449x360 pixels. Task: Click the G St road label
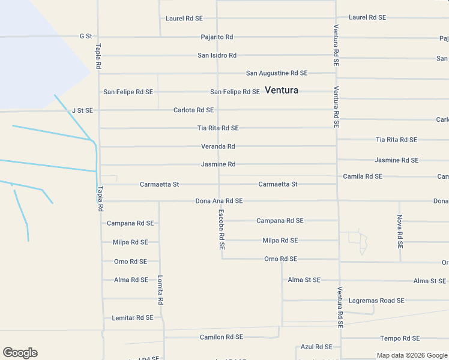pos(85,36)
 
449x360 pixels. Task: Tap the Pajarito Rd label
pos(217,37)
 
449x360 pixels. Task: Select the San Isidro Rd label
pos(217,55)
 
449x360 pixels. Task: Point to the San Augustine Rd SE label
pos(277,73)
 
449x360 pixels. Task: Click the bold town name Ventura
pos(282,91)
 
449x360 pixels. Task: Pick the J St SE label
pos(82,110)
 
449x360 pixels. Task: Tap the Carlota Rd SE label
pos(193,110)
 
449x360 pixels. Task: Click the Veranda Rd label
pos(218,146)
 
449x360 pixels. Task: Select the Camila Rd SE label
pos(363,176)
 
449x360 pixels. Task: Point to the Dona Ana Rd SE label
pos(219,201)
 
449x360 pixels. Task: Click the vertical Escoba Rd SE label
pos(221,229)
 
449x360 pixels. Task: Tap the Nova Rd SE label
pos(400,232)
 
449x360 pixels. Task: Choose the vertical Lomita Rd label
pos(160,290)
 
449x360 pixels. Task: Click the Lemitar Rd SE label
pos(133,317)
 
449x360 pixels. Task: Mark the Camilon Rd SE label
pos(221,337)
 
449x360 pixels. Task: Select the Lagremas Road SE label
pos(376,301)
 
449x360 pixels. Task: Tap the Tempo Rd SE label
pos(400,338)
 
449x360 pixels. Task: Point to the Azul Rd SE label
pos(316,347)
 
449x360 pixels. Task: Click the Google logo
pos(20,353)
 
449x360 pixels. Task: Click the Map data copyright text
pos(412,355)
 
